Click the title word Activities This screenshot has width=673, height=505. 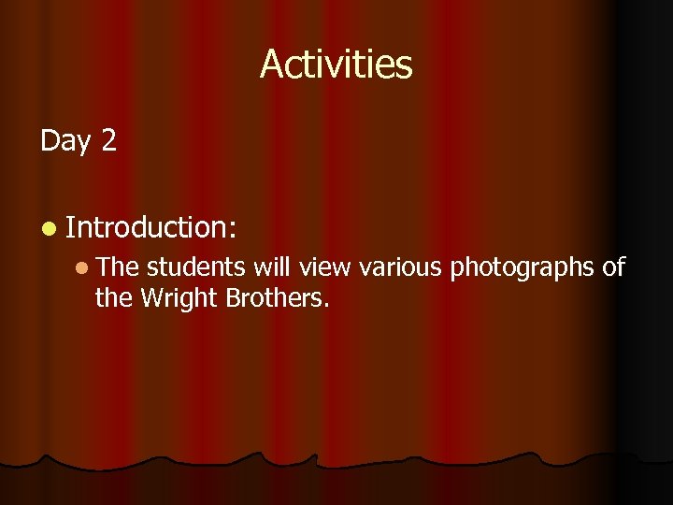(x=336, y=65)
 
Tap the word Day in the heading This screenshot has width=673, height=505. (x=64, y=141)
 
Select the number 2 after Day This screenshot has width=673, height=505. (x=108, y=141)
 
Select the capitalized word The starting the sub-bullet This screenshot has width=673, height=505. (x=117, y=268)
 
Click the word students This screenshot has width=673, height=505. (x=197, y=268)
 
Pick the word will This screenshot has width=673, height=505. (x=273, y=268)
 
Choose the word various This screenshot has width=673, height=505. (x=400, y=268)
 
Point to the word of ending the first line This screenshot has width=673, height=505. (x=613, y=268)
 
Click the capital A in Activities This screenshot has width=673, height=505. (x=272, y=65)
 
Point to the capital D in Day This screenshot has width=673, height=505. (x=50, y=141)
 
